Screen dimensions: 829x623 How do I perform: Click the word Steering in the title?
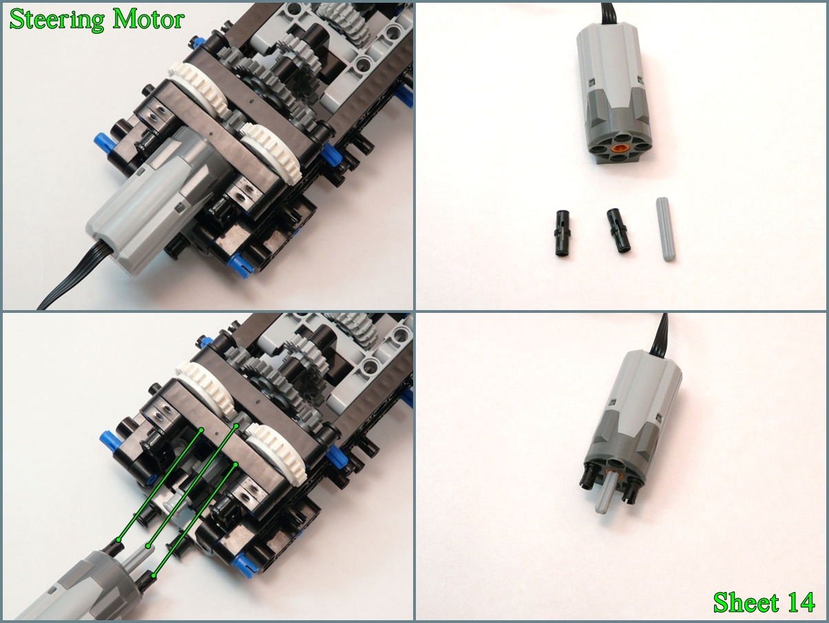(x=57, y=19)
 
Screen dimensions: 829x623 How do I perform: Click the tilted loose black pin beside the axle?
(x=618, y=231)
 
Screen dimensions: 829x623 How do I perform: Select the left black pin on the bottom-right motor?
(x=587, y=484)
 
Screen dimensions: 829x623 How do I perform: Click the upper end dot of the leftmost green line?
(x=201, y=430)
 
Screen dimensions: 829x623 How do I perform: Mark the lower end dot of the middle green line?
(x=149, y=546)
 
